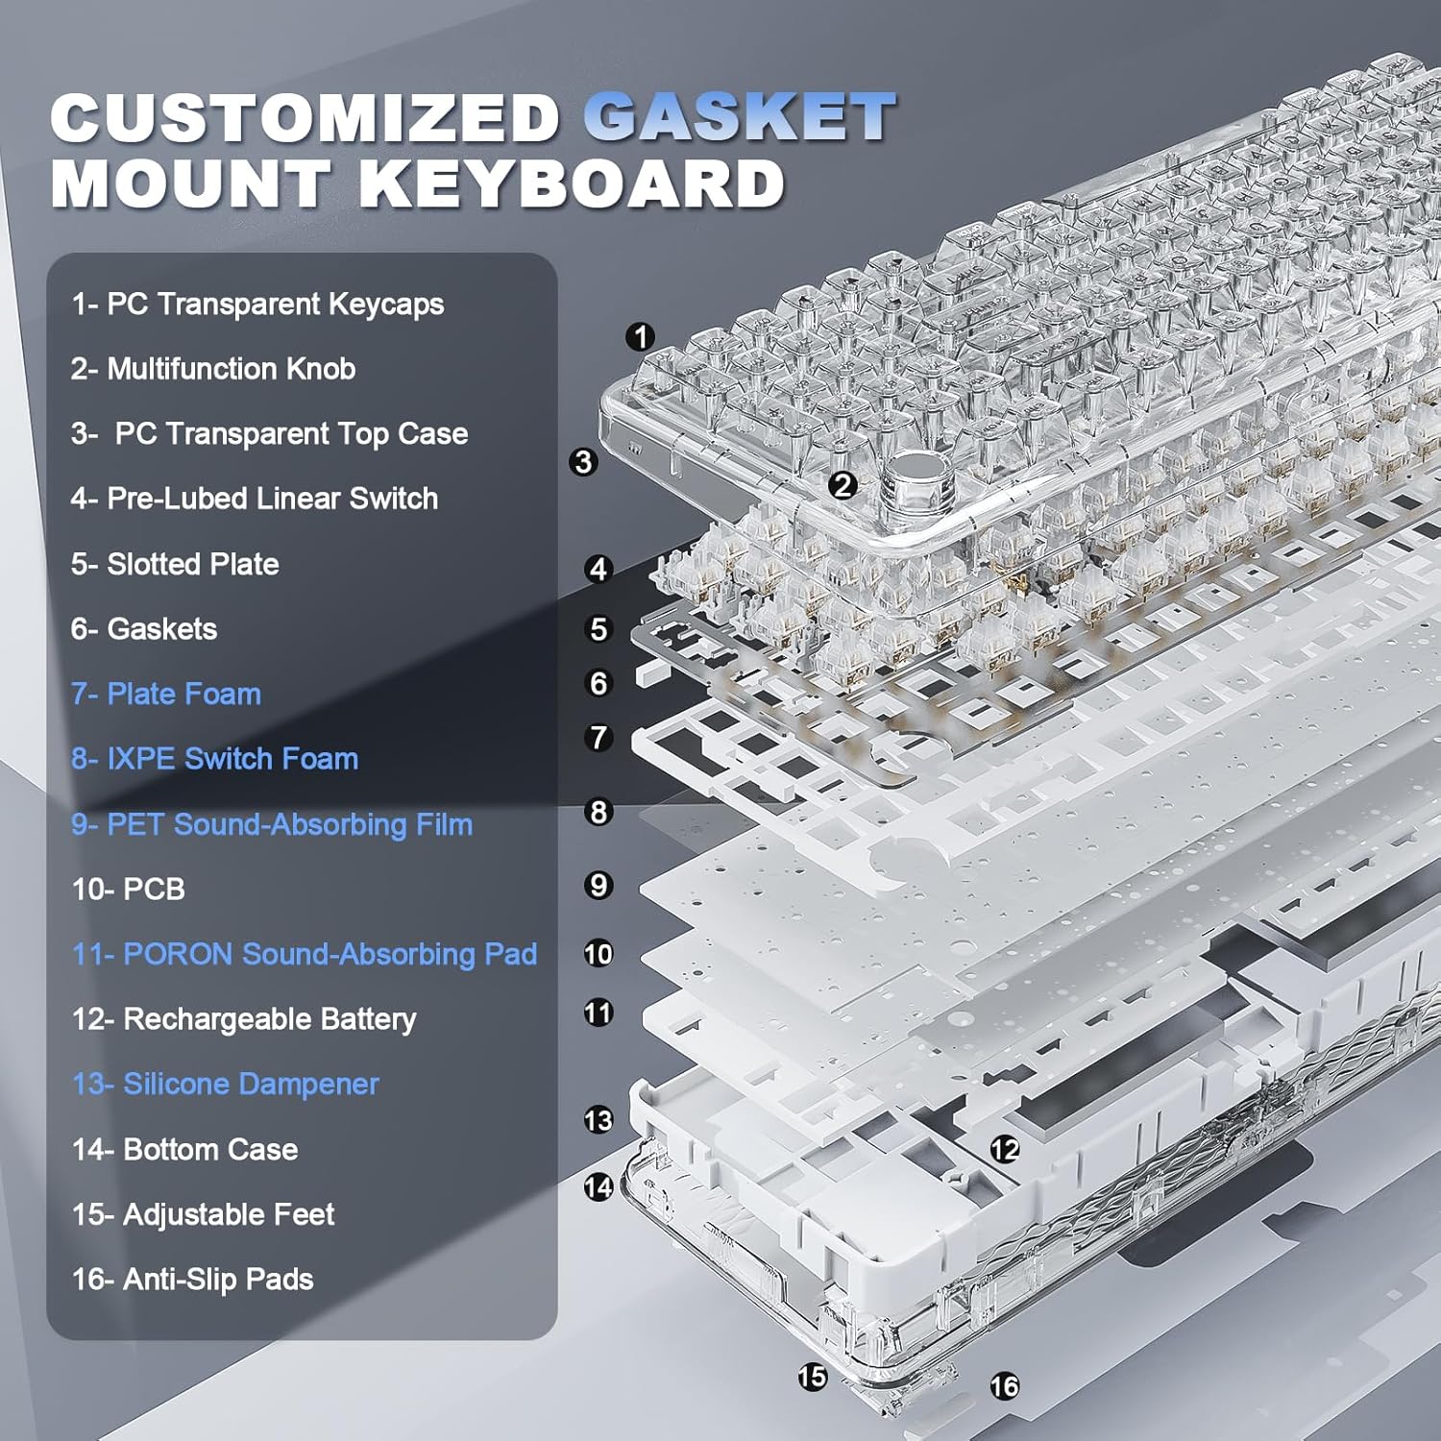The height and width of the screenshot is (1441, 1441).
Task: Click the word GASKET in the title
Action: click(740, 117)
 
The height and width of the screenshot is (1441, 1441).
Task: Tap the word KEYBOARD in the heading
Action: click(573, 183)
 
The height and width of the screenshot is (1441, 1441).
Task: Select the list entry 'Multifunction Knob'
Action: click(213, 369)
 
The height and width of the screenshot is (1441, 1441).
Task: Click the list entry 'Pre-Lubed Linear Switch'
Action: click(255, 499)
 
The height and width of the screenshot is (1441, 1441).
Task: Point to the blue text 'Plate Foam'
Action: click(166, 694)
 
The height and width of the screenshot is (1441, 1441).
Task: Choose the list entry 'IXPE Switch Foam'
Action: click(214, 759)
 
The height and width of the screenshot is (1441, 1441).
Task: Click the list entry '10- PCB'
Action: click(129, 890)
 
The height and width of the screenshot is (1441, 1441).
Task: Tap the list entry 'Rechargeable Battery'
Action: click(244, 1019)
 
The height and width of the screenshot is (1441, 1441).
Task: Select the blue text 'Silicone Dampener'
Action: click(226, 1085)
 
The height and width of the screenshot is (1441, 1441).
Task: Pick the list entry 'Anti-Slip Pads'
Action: click(193, 1280)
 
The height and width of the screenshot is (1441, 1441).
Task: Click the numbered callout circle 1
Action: click(640, 337)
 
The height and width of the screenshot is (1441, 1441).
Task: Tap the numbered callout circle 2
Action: click(843, 485)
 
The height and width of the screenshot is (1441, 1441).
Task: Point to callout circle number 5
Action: click(598, 629)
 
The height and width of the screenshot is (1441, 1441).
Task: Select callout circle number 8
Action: click(598, 812)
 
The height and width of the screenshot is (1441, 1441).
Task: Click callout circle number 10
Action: click(598, 954)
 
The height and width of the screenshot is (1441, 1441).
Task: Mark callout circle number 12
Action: click(1005, 1149)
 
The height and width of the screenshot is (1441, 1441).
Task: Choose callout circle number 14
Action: click(598, 1187)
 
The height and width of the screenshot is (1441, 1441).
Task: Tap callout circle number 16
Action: click(1005, 1386)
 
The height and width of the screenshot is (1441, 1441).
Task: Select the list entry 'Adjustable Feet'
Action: click(204, 1215)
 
